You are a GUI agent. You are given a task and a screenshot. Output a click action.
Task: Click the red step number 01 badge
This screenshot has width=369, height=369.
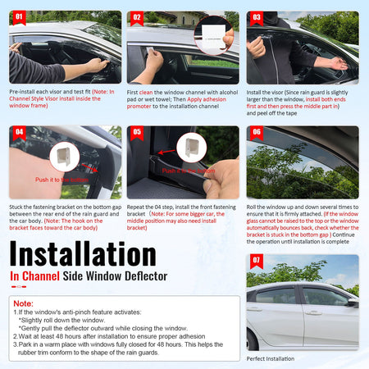19,15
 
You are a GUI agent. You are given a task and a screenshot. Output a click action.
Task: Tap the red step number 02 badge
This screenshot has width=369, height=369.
138,15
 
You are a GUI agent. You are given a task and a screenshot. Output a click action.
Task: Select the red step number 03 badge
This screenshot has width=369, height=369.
257,15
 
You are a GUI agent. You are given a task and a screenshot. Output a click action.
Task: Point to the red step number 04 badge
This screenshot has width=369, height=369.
19,131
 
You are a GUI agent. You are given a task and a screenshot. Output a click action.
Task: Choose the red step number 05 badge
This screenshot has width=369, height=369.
138,131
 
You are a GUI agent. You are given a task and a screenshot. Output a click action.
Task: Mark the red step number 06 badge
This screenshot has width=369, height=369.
257,131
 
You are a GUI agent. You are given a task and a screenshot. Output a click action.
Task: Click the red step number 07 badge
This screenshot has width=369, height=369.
257,261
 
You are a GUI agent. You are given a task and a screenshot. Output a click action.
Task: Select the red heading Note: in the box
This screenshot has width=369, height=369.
24,303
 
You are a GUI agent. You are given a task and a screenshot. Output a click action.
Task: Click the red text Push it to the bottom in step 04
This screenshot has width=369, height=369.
61,179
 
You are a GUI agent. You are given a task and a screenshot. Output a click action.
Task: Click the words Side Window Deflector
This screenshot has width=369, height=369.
123,276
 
